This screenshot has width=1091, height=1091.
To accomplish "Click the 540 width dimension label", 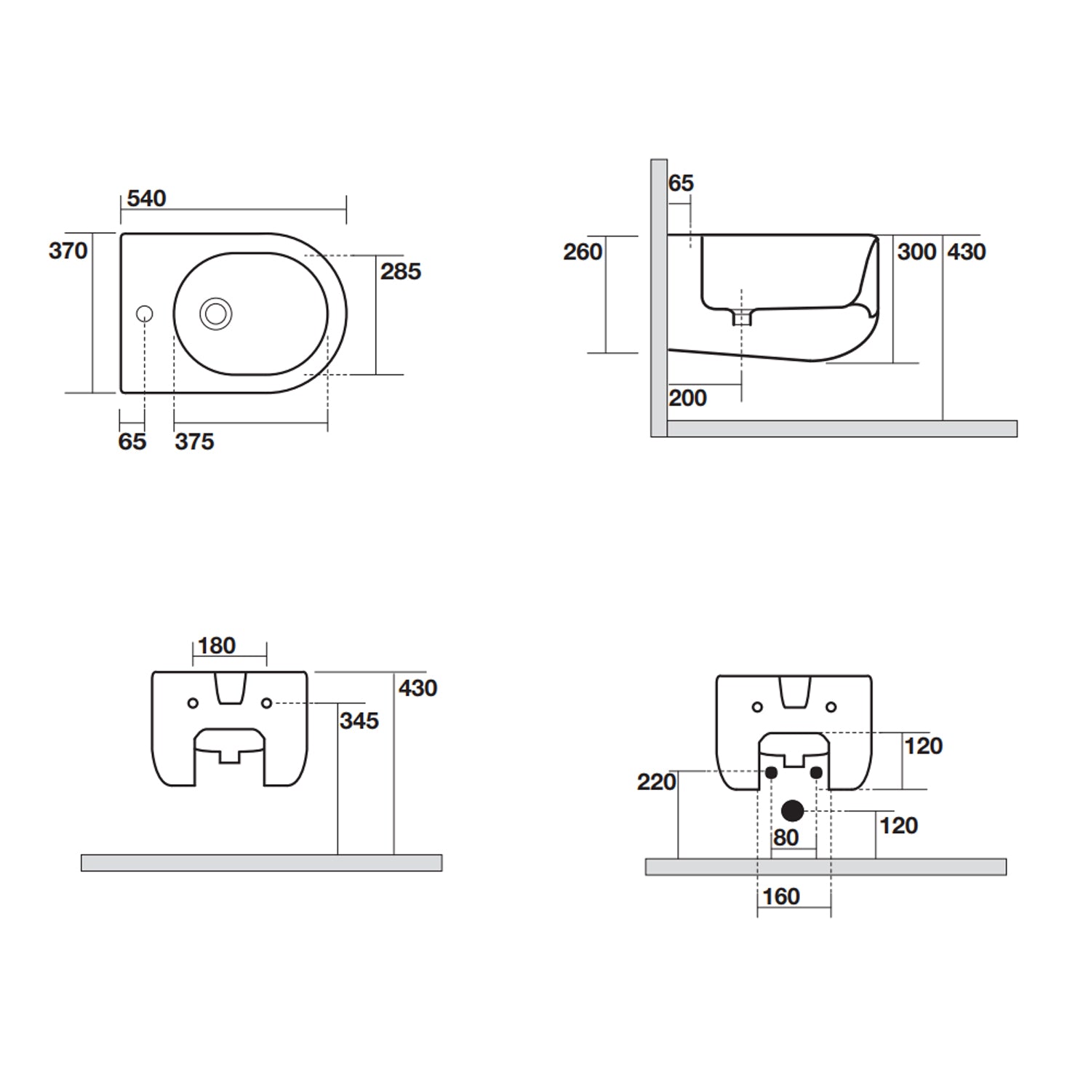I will point(146,199).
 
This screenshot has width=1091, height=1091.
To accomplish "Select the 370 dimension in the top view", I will point(68,251).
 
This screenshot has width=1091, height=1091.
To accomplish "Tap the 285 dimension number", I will point(400,271).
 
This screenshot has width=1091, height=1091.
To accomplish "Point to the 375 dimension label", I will point(194,441).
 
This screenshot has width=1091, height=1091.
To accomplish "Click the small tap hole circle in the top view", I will point(145,314).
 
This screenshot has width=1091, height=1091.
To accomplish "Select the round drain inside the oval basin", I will point(216,314).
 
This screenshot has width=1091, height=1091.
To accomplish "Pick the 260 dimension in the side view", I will point(582,252).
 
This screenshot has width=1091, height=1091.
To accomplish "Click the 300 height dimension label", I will point(916,252).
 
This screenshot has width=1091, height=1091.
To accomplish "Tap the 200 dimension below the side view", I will point(687,398).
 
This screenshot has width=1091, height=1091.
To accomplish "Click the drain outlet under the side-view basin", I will point(741,317).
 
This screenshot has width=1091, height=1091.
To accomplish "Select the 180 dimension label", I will point(216,645).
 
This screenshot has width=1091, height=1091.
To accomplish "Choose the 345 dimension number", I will point(359,721).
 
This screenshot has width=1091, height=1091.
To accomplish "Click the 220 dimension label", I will point(656,782).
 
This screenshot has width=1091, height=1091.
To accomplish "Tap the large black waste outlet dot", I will point(792,810).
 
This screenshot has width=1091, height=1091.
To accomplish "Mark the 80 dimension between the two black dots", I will point(786,838).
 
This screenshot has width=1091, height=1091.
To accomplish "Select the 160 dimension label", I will point(781,897).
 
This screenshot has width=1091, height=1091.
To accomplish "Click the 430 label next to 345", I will point(417,688).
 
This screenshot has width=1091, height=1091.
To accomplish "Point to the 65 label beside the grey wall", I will point(681,183).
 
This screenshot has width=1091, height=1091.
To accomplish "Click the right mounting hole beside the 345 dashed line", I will point(267,703).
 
